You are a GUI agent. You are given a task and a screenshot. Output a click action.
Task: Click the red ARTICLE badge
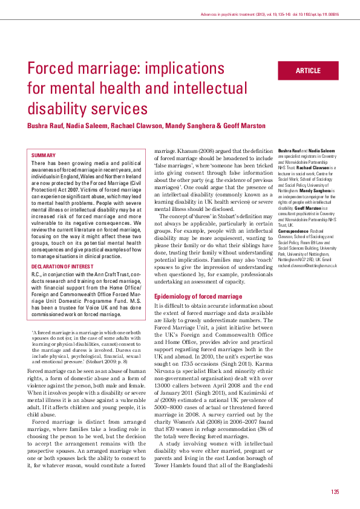(308, 71)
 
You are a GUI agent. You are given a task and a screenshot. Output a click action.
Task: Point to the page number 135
(335, 491)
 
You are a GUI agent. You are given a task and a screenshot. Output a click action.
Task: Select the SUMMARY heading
(44, 155)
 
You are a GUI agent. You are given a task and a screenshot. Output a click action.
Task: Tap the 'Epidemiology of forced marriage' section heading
(198, 296)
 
